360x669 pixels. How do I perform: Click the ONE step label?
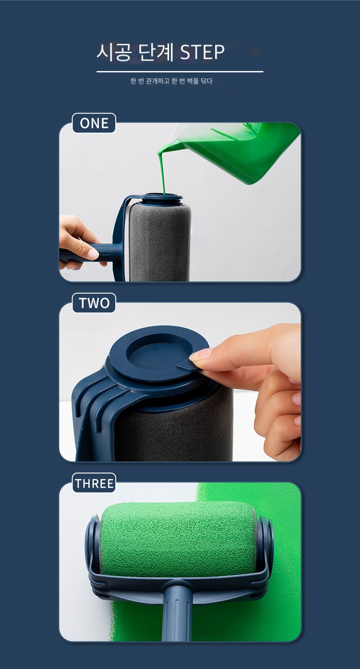coord(94,123)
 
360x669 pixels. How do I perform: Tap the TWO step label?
coord(94,303)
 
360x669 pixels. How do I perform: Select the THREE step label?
coord(94,483)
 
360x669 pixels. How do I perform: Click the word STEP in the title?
coord(202,52)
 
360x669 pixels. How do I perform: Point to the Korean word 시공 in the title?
coord(114,52)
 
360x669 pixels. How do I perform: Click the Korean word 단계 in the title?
coord(156,52)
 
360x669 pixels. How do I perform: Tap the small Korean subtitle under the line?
coord(171,81)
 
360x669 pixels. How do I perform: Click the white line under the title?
coord(180,71)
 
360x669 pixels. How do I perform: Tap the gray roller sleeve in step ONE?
coord(160,242)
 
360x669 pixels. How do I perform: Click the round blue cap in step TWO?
coord(158,355)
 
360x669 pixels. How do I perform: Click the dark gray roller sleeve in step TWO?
coord(173,430)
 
